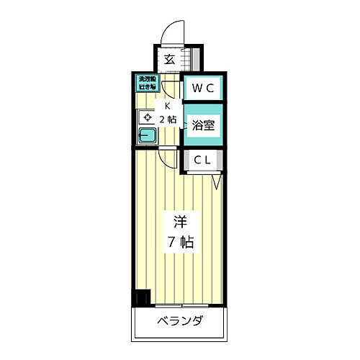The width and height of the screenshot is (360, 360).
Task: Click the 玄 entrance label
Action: (168, 60)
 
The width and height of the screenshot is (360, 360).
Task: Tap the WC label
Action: (201, 89)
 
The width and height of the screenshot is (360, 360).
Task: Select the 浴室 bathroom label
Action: (203, 125)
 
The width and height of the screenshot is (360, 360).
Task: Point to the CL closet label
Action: (201, 161)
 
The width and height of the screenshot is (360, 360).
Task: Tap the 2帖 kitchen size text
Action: (167, 119)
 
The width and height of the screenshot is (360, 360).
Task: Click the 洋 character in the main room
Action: (179, 220)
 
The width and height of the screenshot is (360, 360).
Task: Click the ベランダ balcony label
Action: (179, 321)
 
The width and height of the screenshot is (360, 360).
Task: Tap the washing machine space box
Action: (147, 83)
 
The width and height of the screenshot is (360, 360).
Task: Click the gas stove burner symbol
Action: (146, 117)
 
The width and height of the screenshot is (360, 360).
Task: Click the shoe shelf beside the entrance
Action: (192, 60)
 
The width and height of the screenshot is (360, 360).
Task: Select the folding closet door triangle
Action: (217, 183)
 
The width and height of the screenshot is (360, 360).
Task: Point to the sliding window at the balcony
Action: (179, 305)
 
